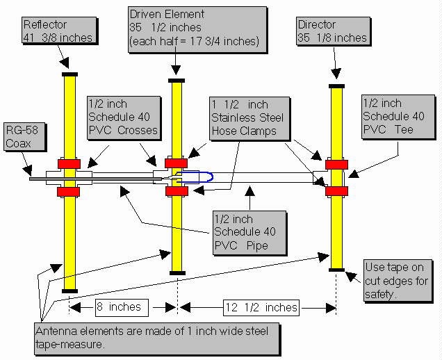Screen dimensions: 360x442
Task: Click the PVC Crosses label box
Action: click(x=122, y=119)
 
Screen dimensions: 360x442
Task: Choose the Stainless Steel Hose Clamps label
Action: click(x=247, y=117)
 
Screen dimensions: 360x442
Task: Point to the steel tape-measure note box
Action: click(x=156, y=337)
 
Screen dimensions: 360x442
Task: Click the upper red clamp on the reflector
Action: click(x=69, y=163)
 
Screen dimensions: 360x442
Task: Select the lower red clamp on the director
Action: click(x=336, y=190)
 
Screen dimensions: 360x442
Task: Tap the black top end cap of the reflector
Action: click(x=69, y=73)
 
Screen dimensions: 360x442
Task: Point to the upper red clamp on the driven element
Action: click(x=176, y=163)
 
